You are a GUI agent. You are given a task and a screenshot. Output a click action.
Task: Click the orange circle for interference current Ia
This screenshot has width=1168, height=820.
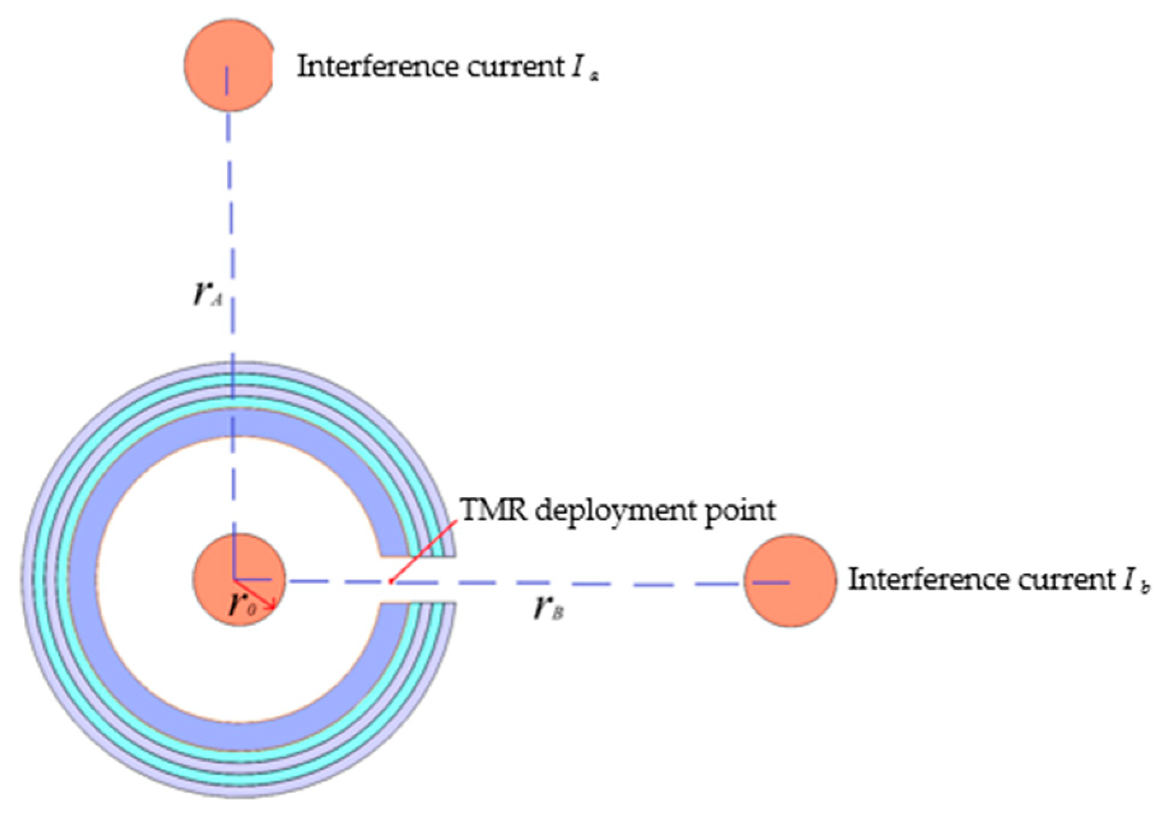[x=228, y=65]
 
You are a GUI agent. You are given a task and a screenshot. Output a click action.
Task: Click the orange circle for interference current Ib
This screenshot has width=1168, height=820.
[x=790, y=581]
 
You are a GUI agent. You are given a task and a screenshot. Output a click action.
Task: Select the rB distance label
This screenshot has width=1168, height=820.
[x=549, y=608]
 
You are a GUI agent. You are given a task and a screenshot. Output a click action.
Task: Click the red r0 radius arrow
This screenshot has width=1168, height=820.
[x=255, y=595]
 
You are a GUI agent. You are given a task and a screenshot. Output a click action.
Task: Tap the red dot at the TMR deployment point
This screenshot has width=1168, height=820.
[x=391, y=581]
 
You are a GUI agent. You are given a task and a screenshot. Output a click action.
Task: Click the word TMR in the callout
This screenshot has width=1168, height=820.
[x=494, y=510]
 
